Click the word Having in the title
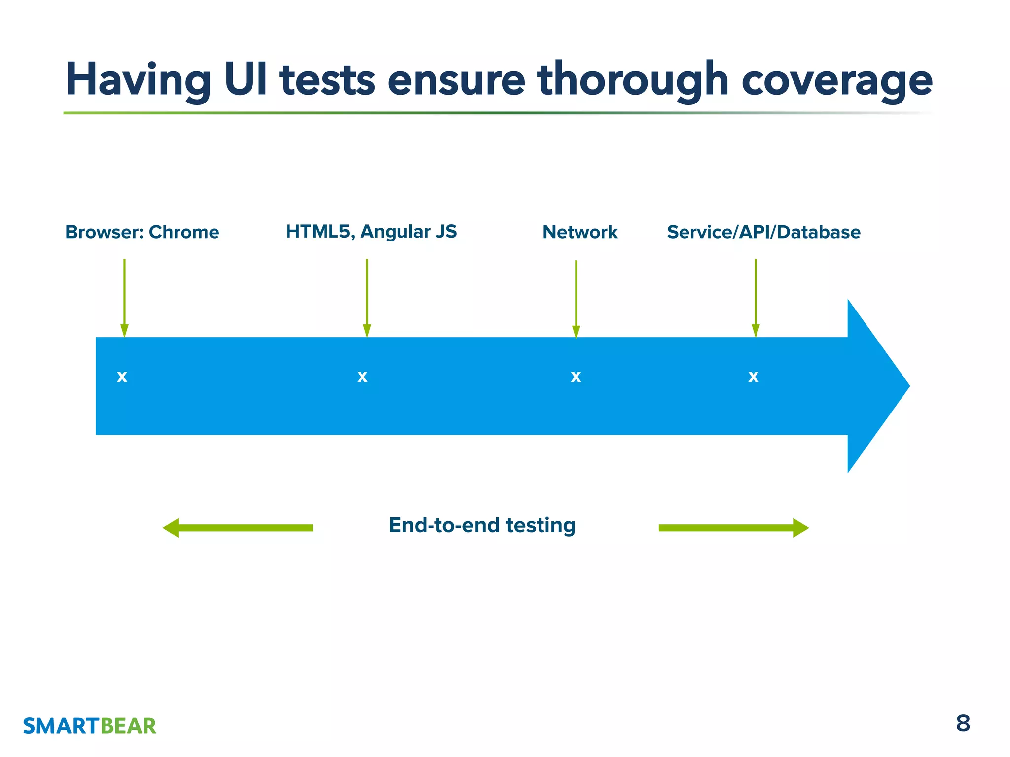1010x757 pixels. pyautogui.click(x=139, y=80)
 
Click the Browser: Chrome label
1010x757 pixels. pyautogui.click(x=142, y=232)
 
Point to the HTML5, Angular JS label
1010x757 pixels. pyautogui.click(x=371, y=231)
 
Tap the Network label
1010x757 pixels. pyautogui.click(x=580, y=232)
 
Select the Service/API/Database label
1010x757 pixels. pyautogui.click(x=763, y=232)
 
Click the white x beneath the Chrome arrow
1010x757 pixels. pyautogui.click(x=122, y=377)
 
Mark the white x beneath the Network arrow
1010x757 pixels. pyautogui.click(x=576, y=377)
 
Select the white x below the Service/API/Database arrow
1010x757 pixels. pyautogui.click(x=753, y=377)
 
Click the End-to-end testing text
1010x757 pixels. pyautogui.click(x=482, y=525)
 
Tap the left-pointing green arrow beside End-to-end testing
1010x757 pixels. pyautogui.click(x=238, y=528)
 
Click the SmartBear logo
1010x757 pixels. pyautogui.click(x=89, y=726)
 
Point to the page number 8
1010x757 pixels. pyautogui.click(x=963, y=723)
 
